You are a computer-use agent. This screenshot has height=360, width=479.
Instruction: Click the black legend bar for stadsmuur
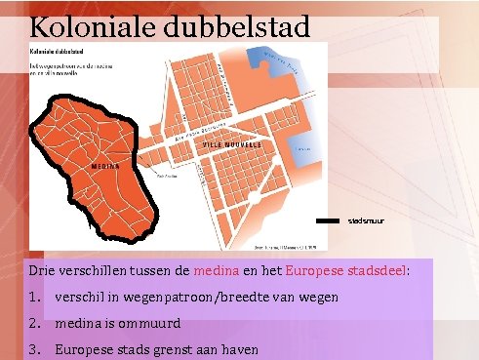331,221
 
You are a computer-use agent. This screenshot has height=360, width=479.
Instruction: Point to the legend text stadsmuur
366,221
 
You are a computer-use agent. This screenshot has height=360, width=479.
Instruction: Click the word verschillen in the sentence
93,268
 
